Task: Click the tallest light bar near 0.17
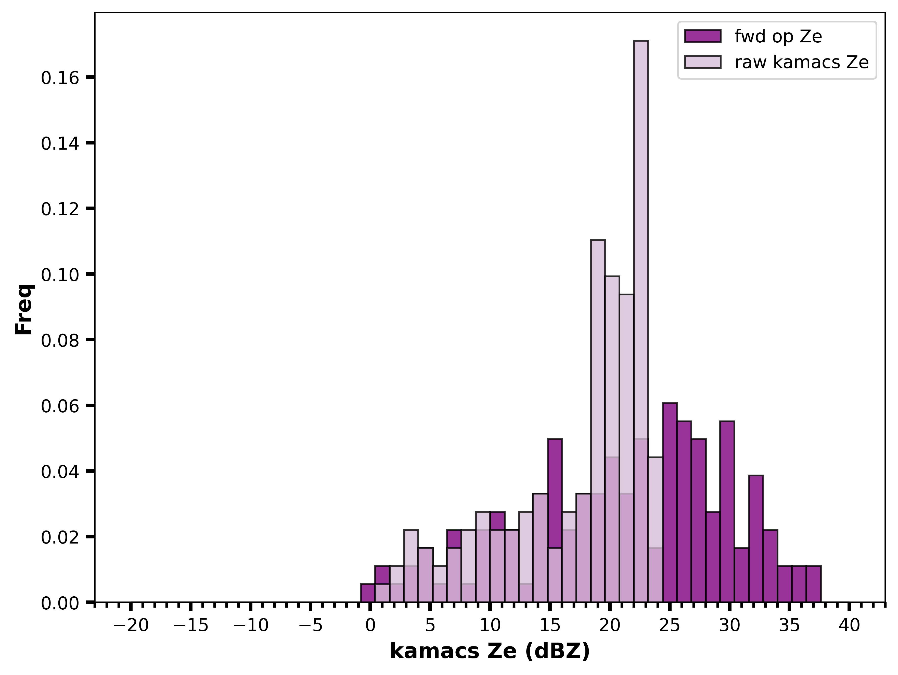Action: tap(641, 321)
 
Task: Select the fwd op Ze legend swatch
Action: tap(703, 36)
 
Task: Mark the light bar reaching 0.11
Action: tap(598, 421)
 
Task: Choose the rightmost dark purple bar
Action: tap(814, 584)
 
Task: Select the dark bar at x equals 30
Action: tap(727, 512)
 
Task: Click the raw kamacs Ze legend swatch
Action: tap(703, 62)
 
